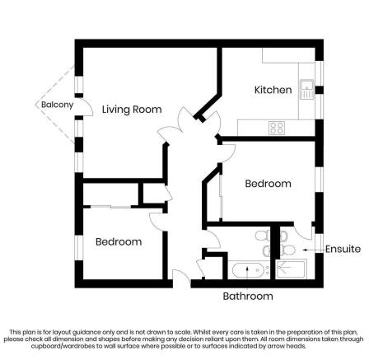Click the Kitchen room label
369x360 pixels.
pos(273,90)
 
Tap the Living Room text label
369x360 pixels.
pos(131,110)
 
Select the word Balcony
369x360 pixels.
pos(58,105)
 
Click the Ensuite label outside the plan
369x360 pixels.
pos(342,249)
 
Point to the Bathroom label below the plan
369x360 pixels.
pos(247,296)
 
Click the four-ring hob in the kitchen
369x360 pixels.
pos(277,127)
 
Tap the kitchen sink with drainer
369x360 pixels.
pos(306,86)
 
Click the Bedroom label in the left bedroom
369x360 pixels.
pos(119,242)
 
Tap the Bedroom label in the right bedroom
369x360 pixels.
pos(268,184)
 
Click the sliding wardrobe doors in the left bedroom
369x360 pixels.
pos(112,205)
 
